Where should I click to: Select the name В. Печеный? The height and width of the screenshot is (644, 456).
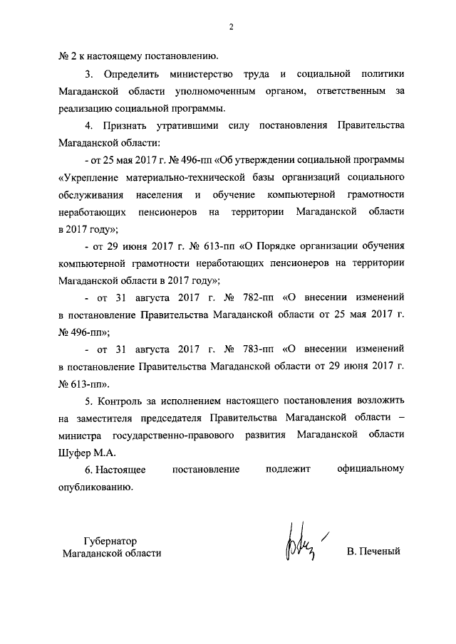(x=375, y=551)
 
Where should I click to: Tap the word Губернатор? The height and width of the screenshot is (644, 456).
(x=109, y=540)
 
